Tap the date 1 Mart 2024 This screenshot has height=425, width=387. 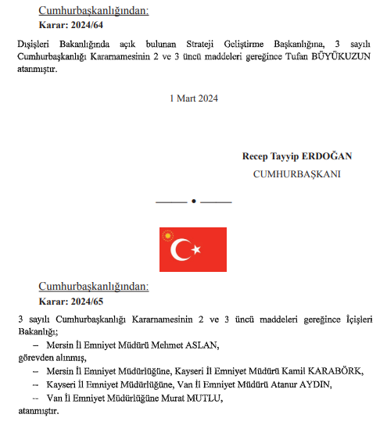193,98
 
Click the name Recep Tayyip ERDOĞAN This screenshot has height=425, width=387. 296,156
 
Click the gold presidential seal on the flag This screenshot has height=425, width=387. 167,234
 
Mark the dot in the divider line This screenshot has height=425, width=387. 193,202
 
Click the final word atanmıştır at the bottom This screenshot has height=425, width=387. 38,411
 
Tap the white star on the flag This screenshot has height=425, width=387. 197,250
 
